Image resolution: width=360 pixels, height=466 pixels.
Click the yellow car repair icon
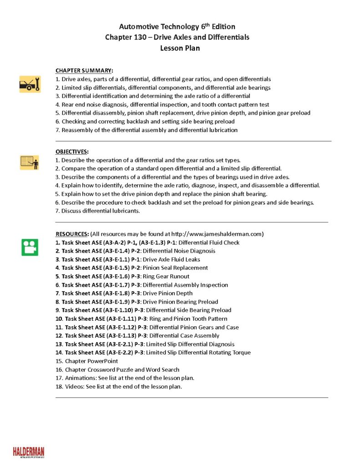[30, 84]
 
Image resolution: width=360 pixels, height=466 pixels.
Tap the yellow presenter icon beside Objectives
[30, 162]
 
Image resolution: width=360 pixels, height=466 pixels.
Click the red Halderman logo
[29, 452]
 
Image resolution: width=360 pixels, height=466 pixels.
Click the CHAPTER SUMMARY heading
[84, 71]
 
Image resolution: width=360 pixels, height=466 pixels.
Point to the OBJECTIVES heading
[72, 152]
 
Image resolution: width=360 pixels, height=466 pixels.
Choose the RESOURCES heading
[72, 234]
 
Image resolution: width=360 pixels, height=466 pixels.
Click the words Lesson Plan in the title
[180, 48]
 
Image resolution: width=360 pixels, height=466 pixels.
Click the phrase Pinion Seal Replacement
[175, 268]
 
